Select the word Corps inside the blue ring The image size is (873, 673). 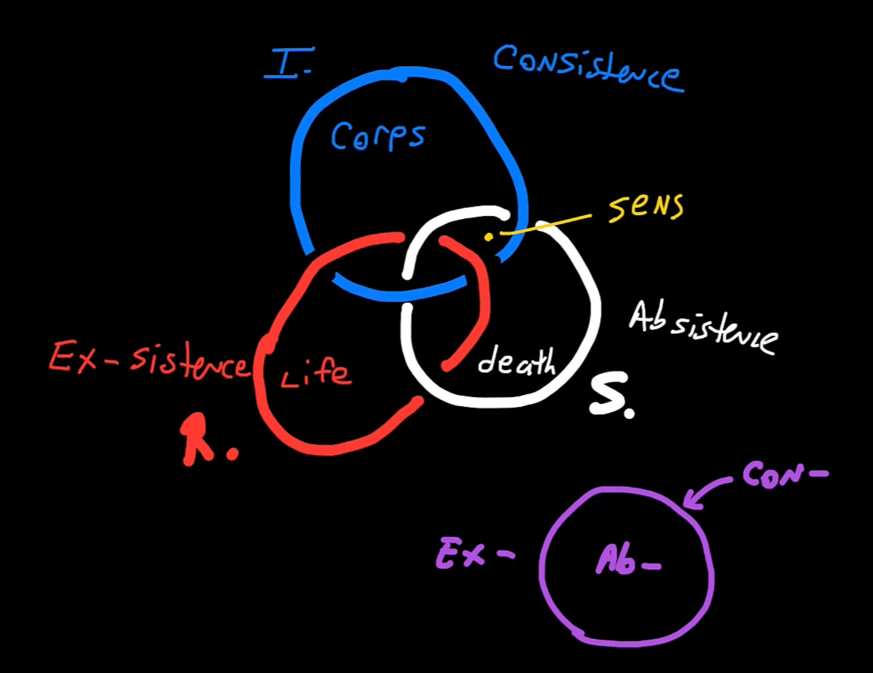[378, 136]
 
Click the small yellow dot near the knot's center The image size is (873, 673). [489, 237]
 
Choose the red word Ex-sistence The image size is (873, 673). [148, 360]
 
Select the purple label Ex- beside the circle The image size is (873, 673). [473, 553]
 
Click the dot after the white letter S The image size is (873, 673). [629, 413]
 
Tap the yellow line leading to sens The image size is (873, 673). [546, 225]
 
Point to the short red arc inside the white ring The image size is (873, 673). [481, 304]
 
